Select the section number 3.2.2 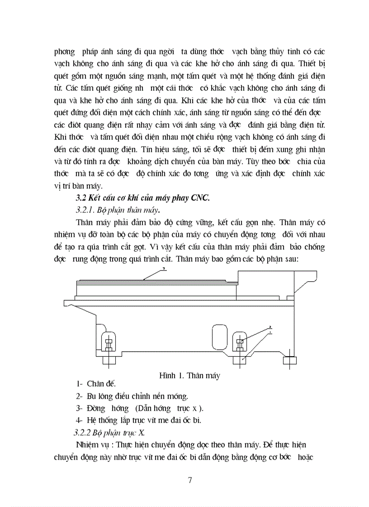click(x=85, y=432)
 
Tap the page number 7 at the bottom click(x=190, y=480)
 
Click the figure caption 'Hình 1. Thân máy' click(x=189, y=376)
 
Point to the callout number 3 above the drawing click(x=165, y=269)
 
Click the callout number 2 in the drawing click(x=270, y=326)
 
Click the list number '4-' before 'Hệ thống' click(x=79, y=420)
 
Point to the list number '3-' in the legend click(x=79, y=409)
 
